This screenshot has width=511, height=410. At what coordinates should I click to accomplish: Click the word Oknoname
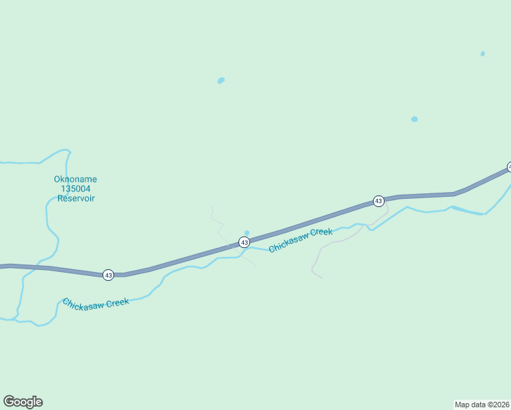pos(75,180)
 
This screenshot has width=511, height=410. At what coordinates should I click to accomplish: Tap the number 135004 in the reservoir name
pos(75,189)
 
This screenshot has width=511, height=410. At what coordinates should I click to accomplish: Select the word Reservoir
pos(75,199)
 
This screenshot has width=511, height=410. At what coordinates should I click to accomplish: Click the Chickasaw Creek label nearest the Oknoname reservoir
pos(96,303)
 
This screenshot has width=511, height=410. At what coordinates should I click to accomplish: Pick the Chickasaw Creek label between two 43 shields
pos(301,241)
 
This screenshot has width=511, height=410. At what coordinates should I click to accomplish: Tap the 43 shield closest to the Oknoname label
pos(108,275)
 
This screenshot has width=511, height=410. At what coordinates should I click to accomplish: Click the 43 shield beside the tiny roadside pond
pos(244,243)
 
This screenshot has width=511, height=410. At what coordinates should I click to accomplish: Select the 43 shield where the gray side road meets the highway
pos(378,201)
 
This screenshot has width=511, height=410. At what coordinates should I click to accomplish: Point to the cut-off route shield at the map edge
pos(509,167)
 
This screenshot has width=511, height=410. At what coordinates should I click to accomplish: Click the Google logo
pos(23,402)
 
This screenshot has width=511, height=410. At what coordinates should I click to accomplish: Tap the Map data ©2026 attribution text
pos(482,404)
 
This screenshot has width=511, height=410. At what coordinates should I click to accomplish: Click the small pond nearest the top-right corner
pos(482,53)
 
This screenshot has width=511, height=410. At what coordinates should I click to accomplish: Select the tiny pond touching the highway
pos(247,233)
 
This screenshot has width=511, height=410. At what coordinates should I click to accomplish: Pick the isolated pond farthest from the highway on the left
pos(221,81)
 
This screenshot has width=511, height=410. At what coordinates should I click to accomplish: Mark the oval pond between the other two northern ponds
pos(414,120)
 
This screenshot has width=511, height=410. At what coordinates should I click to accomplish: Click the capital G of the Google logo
pos(9,402)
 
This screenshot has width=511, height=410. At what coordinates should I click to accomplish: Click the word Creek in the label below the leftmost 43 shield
pos(117,302)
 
